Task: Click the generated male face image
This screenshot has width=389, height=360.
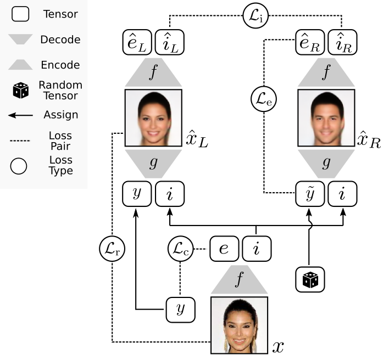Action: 326,119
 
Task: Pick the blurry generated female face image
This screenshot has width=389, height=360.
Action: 153,119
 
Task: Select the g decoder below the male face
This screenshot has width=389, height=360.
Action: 326,163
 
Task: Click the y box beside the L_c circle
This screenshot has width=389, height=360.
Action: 181,310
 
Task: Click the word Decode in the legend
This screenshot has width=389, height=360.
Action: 61,40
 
